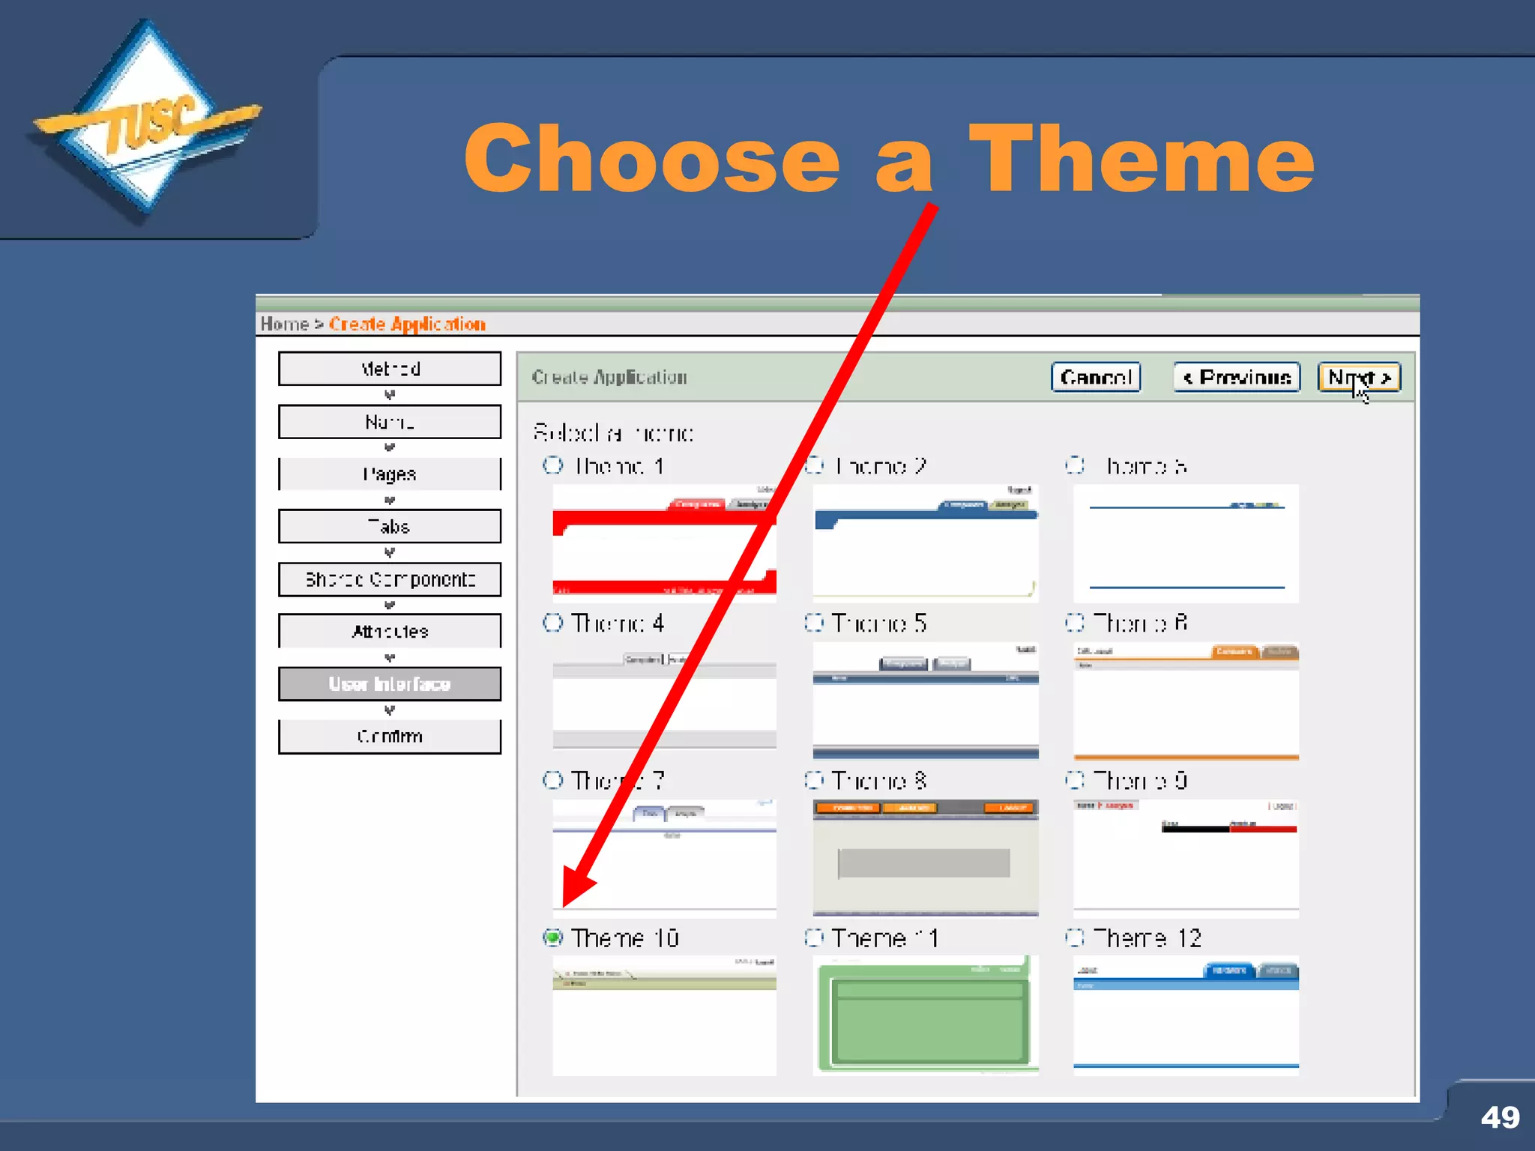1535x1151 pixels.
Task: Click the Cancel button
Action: [1095, 377]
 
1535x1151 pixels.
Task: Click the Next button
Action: [1358, 377]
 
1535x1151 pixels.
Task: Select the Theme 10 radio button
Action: [553, 937]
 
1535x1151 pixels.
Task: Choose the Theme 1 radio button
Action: [553, 465]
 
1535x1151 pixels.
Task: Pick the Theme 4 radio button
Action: [553, 623]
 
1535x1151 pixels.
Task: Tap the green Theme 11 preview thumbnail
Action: [926, 1015]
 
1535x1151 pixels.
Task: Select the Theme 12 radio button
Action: [1075, 937]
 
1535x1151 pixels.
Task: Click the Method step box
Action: [390, 369]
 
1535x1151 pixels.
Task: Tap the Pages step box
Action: [390, 474]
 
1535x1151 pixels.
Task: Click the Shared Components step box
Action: [390, 579]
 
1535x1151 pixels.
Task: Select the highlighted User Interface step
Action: [390, 684]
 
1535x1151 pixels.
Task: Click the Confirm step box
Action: [390, 737]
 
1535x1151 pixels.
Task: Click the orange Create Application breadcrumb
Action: [407, 324]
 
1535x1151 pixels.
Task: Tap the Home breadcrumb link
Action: [284, 324]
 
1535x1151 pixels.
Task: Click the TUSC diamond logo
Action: [147, 120]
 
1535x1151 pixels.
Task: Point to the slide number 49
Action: [1500, 1117]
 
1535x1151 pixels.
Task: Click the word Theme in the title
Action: [1141, 159]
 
